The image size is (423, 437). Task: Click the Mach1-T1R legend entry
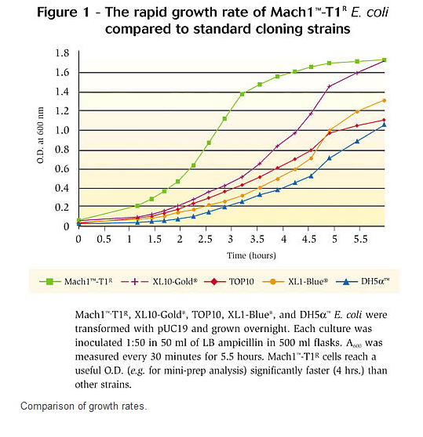75,281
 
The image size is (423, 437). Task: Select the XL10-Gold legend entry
159,281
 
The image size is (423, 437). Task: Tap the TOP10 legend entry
229,281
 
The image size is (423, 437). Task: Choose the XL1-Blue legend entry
295,281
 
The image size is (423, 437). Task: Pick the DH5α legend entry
363,281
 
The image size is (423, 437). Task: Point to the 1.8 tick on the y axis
62,53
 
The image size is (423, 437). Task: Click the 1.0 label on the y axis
62,130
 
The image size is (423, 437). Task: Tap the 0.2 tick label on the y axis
62,208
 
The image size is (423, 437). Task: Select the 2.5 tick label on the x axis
205,239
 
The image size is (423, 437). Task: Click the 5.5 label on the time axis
360,239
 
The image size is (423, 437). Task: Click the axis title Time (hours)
251,255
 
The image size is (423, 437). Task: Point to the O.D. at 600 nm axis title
40,135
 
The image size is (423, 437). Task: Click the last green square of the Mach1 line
385,60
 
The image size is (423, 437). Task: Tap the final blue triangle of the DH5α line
385,125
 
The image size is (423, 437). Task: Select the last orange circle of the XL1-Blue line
385,100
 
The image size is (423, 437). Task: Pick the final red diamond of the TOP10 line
385,120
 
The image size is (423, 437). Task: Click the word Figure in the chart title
57,13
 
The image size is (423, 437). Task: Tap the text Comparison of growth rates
84,406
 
